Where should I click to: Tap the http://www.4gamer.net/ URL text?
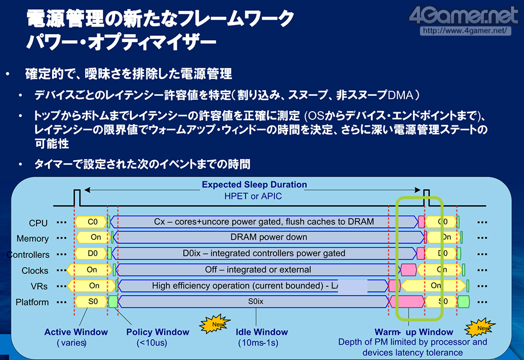coord(465,30)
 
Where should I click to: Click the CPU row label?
coord(38,223)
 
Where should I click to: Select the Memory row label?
coord(32,239)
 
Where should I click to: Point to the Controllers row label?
coord(28,255)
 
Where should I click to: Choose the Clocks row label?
coord(35,270)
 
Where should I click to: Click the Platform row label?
coord(32,302)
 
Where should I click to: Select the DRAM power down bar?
coord(268,237)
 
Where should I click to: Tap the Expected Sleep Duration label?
coord(254,185)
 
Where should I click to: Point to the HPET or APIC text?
coord(253,196)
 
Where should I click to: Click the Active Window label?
coord(76,332)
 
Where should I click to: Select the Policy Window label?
coord(158,332)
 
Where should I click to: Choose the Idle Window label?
coord(262,332)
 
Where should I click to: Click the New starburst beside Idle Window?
coord(212,325)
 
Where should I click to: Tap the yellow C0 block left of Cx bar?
coord(93,222)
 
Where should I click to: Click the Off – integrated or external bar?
coord(258,269)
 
